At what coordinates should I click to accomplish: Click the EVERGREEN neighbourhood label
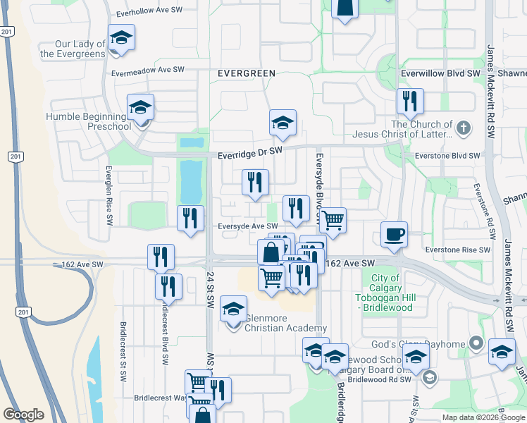coord(247,73)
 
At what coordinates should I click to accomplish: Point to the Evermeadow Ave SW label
coord(148,70)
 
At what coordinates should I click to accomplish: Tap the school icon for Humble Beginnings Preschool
coord(140,108)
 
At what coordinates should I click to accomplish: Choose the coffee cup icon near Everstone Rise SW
coord(394,234)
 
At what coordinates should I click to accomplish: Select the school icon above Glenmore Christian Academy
coord(234,309)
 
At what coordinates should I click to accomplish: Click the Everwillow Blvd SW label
coord(440,73)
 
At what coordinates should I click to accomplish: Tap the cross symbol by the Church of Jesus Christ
coord(463,128)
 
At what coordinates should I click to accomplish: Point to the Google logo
coord(24,415)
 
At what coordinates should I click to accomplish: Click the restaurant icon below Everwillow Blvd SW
coord(409,102)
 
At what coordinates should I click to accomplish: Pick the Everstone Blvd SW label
coord(447,156)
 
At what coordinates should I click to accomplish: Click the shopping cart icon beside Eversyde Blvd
coord(333,220)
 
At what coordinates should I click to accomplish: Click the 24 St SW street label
coord(210,290)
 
